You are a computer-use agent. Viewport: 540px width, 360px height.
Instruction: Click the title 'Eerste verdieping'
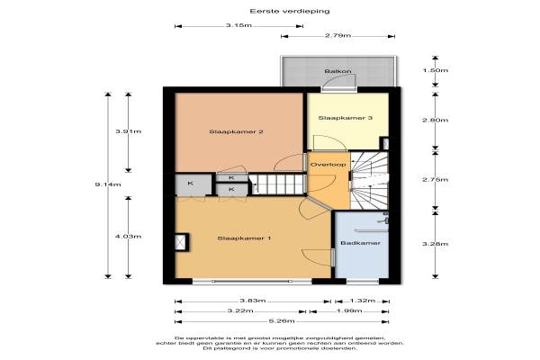(x=290, y=11)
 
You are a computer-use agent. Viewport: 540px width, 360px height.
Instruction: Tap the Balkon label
(x=337, y=71)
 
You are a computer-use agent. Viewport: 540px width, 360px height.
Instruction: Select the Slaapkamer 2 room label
(x=236, y=131)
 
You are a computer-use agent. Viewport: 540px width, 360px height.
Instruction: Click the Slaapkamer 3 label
(x=345, y=118)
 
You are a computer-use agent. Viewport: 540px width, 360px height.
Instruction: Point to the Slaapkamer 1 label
(x=244, y=238)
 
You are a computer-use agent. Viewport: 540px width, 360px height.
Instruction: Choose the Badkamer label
(x=360, y=243)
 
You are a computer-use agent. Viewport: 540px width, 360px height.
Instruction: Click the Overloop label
(x=328, y=165)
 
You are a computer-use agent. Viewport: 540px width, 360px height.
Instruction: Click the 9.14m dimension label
(x=108, y=184)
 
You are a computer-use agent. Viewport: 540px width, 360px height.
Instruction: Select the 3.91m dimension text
(x=128, y=131)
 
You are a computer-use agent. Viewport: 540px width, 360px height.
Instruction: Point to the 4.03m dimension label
(x=128, y=237)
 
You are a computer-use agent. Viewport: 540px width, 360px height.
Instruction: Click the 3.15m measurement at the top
(x=239, y=25)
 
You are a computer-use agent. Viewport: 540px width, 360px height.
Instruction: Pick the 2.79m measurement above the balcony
(x=337, y=35)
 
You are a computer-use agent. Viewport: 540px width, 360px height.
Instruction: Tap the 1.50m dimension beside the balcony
(x=436, y=70)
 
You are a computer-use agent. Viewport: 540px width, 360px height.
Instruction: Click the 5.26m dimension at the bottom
(x=282, y=321)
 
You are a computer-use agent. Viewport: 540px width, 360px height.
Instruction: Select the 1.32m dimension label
(x=363, y=301)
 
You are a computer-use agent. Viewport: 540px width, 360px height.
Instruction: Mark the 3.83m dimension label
(x=253, y=301)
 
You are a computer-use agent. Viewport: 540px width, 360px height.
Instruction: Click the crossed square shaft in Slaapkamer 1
(x=182, y=242)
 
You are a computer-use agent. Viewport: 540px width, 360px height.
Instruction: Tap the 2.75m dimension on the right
(x=436, y=179)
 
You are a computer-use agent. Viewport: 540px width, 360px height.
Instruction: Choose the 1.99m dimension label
(x=349, y=311)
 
